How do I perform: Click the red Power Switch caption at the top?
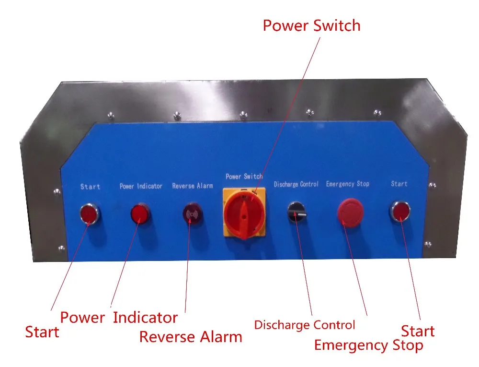point(311,25)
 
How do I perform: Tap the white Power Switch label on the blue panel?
point(244,177)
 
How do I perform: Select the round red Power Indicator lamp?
point(140,213)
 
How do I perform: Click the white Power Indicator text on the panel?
point(141,186)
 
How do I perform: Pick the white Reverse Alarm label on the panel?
point(192,186)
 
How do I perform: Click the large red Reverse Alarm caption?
point(191,337)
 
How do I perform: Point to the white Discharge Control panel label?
point(296,185)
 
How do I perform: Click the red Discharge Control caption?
point(305,325)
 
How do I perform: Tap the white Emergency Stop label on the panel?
point(347,184)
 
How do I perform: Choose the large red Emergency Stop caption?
point(368,345)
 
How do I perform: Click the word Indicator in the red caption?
point(145,318)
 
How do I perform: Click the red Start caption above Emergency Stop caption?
point(418,331)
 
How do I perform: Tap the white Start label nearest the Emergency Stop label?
point(399,184)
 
